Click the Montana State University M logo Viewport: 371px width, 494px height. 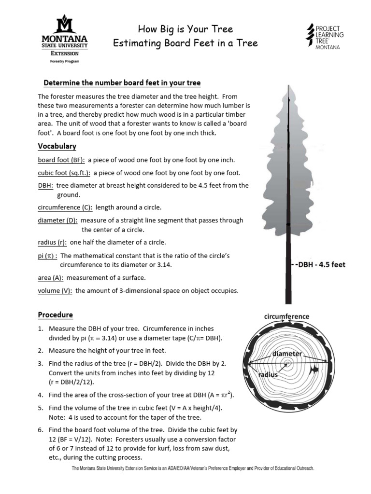(65, 24)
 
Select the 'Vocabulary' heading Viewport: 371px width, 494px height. (57, 146)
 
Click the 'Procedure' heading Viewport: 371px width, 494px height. (56, 315)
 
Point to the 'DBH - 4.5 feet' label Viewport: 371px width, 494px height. (320, 265)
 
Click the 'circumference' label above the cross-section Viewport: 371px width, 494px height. (286, 316)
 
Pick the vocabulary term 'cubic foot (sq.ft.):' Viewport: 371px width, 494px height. (64, 173)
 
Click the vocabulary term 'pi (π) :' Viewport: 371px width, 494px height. (47, 256)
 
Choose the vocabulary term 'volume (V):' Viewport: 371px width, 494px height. (55, 291)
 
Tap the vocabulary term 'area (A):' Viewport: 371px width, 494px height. (51, 278)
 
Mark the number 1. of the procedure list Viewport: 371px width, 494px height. (41, 329)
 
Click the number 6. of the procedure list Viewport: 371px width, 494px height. (41, 429)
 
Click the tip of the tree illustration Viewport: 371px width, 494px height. (288, 85)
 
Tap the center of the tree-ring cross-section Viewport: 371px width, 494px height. (288, 363)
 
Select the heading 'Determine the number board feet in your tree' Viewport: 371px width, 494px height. (122, 82)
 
